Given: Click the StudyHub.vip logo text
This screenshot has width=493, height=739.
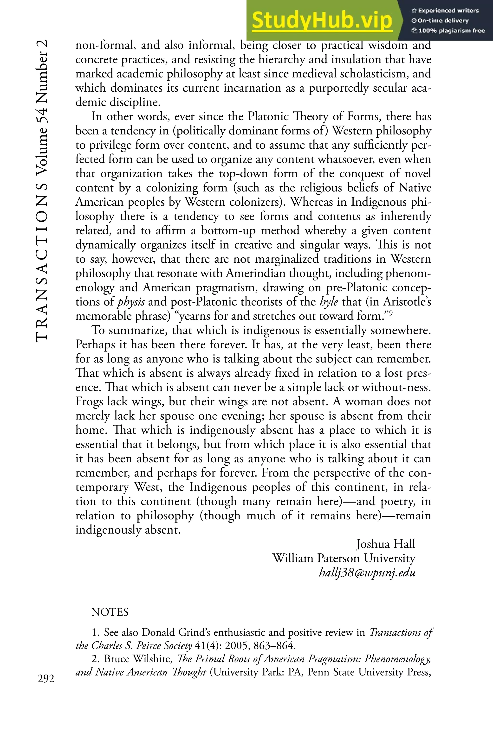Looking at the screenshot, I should coord(322,21).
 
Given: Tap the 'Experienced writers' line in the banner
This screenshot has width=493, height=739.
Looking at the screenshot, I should coord(445,11).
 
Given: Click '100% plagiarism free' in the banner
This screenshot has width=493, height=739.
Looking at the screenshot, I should coord(448,31).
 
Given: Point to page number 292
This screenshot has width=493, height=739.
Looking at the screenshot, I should coord(46,679).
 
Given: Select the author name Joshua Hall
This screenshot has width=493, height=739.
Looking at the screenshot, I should coord(385,544).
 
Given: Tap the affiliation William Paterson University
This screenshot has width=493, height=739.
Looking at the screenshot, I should coord(344,558).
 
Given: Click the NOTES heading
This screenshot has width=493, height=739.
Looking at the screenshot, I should coord(110,612).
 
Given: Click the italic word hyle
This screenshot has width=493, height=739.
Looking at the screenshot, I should coord(329,302).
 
